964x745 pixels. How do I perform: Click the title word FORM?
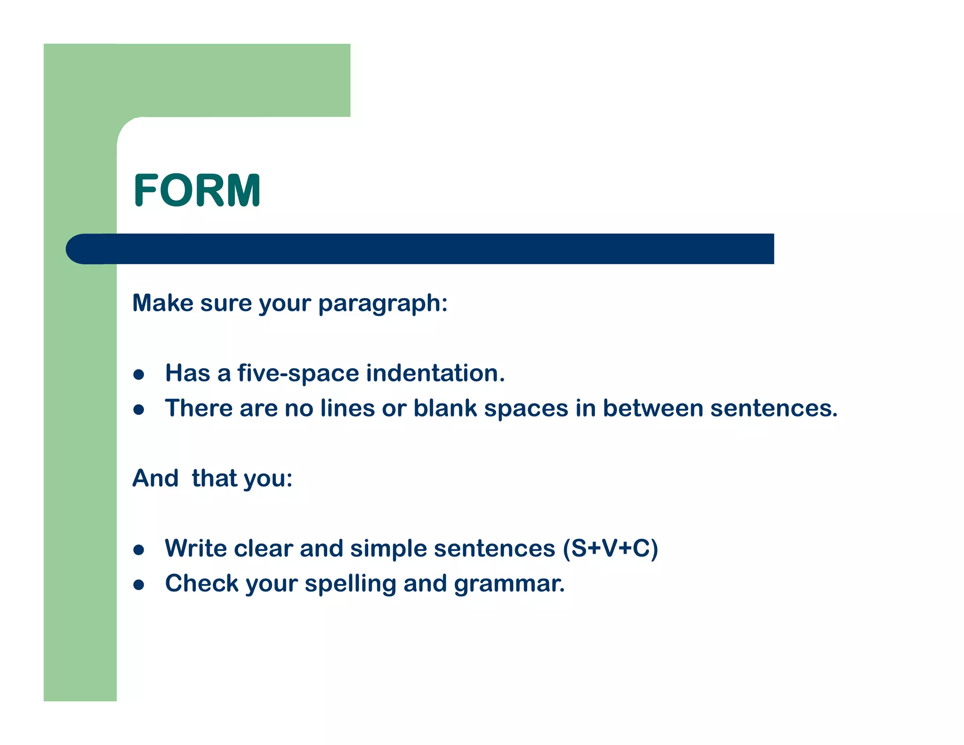[197, 191]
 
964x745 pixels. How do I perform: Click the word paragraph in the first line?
[382, 304]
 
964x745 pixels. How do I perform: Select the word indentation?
[435, 373]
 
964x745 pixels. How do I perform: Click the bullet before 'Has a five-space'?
[138, 375]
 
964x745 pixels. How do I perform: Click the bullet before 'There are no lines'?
[138, 410]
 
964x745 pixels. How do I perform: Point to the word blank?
[445, 408]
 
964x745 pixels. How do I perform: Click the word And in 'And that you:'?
[155, 478]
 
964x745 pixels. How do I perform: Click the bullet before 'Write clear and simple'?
[138, 550]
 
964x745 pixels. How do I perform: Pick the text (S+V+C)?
[611, 549]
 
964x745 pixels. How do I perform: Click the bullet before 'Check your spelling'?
[138, 585]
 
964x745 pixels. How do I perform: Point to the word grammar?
[509, 584]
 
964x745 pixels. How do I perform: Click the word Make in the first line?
[162, 303]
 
